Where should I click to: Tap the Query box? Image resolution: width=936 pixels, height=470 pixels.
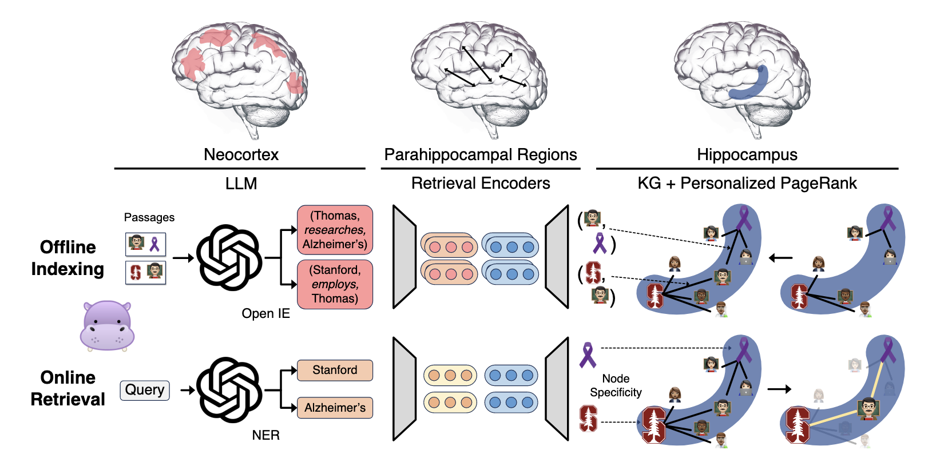tap(145, 390)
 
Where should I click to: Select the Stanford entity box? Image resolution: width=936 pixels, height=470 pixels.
tap(335, 370)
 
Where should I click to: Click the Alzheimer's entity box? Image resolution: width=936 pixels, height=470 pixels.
tap(335, 408)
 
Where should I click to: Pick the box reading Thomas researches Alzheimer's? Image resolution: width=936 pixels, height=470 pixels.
tap(335, 230)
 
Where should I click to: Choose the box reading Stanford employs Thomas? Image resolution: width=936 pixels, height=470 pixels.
tap(335, 284)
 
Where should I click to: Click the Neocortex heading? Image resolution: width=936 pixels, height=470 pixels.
tap(241, 154)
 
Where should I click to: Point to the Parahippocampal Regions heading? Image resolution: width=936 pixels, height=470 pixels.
tap(480, 154)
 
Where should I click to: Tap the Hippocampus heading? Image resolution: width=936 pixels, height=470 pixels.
tap(747, 154)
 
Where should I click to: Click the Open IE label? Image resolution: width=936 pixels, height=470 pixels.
tap(265, 313)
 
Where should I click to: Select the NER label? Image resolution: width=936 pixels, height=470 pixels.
tap(265, 435)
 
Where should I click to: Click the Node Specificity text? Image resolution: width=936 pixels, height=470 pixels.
tap(616, 385)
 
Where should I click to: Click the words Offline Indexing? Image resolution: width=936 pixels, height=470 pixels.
tap(68, 258)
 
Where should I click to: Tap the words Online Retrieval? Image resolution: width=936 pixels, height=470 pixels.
tap(68, 388)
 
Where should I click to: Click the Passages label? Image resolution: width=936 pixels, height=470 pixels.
tap(149, 217)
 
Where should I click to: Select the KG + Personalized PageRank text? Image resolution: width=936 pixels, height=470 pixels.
tap(747, 183)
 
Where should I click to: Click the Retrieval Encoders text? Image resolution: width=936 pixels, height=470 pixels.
tap(480, 183)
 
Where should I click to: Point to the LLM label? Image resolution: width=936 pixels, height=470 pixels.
tap(241, 184)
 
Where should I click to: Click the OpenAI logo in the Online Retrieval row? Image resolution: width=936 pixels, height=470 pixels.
tap(229, 390)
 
